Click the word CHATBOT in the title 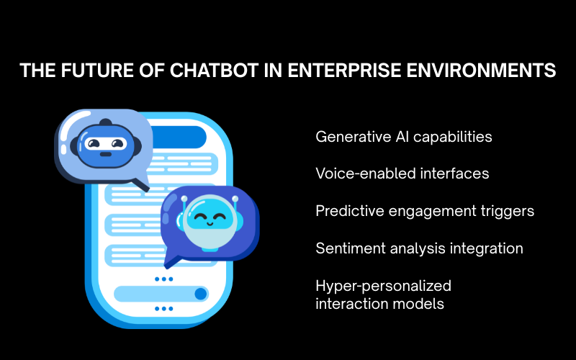214,70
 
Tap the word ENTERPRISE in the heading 344,70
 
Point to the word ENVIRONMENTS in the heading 481,70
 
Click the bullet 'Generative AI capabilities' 404,137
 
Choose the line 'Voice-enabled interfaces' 402,174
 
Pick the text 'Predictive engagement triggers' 425,211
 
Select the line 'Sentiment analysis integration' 419,248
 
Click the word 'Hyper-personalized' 383,286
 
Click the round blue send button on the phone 201,294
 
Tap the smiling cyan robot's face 210,217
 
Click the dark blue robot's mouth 105,154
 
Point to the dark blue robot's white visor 105,143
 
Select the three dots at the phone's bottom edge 164,309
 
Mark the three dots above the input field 164,279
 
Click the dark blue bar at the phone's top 179,137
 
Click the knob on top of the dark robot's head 106,122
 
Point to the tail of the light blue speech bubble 141,184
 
